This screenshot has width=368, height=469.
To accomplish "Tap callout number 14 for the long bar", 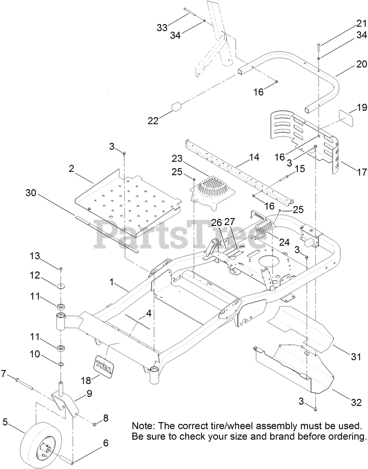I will click(254, 157).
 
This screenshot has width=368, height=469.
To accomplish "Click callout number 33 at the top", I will click(162, 27).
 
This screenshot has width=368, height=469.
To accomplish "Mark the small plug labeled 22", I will click(176, 108).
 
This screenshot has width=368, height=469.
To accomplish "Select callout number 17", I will click(361, 173).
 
